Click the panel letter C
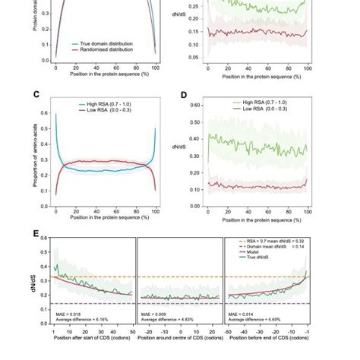click(x=36, y=95)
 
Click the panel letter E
click(x=36, y=233)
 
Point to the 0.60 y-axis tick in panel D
click(x=197, y=105)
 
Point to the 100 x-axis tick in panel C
click(x=156, y=213)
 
